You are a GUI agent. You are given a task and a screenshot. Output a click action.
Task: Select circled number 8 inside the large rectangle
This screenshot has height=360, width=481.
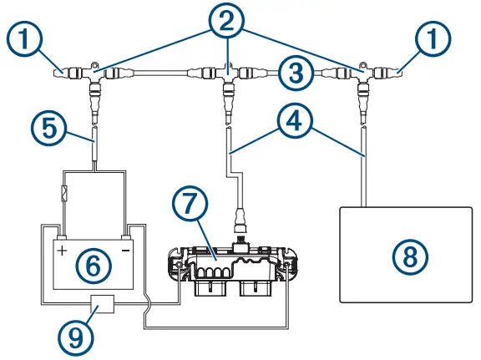pyautogui.click(x=408, y=256)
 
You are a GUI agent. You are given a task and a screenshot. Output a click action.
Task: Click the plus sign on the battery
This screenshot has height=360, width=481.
pyautogui.click(x=61, y=249)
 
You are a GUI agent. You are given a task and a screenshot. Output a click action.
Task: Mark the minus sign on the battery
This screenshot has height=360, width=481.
pyautogui.click(x=126, y=249)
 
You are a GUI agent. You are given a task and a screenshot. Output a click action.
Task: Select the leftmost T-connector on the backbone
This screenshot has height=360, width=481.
pyautogui.click(x=94, y=75)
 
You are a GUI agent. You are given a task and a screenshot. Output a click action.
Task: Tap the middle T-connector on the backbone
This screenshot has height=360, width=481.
pyautogui.click(x=227, y=75)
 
